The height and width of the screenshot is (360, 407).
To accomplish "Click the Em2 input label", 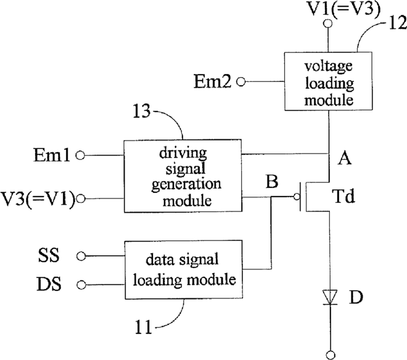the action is (x=212, y=81).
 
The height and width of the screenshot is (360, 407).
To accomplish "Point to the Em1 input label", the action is (x=52, y=155).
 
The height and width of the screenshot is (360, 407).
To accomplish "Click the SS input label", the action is (x=49, y=255).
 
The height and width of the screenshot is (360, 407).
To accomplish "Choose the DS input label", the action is (x=49, y=284).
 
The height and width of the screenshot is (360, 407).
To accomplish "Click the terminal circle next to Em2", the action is (x=241, y=82).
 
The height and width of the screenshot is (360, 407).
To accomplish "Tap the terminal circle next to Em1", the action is (x=80, y=156).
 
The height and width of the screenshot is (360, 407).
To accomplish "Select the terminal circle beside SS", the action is (x=81, y=256).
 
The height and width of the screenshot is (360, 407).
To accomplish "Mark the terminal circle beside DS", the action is (x=81, y=285).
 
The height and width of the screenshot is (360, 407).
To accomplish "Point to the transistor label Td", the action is (x=343, y=196).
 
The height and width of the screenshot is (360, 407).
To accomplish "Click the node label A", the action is (x=345, y=158).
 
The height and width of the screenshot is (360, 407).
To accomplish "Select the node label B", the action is (x=272, y=181).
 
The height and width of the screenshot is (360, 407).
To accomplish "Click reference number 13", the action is (x=141, y=111).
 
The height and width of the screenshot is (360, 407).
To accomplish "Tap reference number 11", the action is (x=143, y=327).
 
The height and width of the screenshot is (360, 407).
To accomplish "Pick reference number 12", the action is (x=397, y=23).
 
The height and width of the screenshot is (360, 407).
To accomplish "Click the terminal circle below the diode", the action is (x=331, y=355).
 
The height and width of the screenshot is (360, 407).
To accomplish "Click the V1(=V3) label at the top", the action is (x=343, y=8).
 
